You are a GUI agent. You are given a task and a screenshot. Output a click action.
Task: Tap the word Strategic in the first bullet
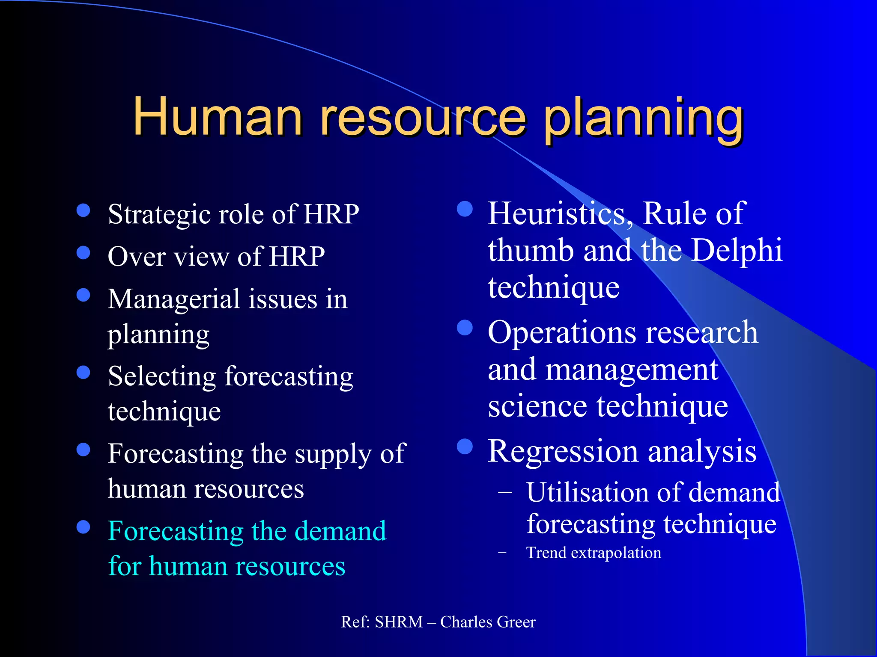pyautogui.click(x=159, y=215)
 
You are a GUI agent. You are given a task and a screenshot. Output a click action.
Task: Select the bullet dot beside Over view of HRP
pyautogui.click(x=83, y=252)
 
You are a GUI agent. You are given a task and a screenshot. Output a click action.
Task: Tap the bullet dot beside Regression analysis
pyautogui.click(x=465, y=447)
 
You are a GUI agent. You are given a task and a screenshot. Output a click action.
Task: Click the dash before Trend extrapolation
pyautogui.click(x=503, y=553)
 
